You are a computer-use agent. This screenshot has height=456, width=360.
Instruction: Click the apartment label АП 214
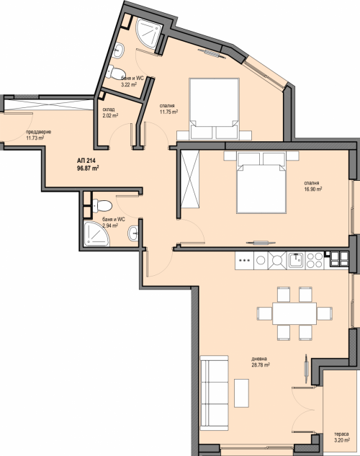[x=86, y=161]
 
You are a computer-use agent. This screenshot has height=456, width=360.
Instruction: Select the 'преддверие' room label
[x=39, y=132]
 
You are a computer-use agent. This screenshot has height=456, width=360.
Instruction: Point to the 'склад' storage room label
[x=109, y=109]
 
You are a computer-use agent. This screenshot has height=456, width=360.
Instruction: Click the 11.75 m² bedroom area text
[x=168, y=112]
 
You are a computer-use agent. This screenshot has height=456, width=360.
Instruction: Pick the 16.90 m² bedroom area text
[x=313, y=189]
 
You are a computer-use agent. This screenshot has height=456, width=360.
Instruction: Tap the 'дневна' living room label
[x=259, y=359]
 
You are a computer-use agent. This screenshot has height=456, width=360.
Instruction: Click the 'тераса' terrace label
[x=341, y=434]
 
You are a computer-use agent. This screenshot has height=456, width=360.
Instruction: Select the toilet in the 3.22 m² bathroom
[x=115, y=71]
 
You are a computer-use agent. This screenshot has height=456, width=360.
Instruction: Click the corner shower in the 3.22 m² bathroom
[x=150, y=32]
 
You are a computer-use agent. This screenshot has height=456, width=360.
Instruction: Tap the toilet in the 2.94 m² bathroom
[x=102, y=205]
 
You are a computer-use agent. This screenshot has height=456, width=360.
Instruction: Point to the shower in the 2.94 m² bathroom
[x=96, y=234]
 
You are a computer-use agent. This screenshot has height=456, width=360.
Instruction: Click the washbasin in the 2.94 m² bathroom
[x=132, y=233]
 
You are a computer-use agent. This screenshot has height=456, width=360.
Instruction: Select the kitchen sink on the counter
[x=296, y=260]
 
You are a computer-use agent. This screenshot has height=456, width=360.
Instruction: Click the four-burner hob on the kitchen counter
[x=315, y=260]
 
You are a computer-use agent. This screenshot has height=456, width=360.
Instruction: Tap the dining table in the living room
[x=294, y=313]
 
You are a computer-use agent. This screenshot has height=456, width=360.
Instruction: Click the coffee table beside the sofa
[x=241, y=393]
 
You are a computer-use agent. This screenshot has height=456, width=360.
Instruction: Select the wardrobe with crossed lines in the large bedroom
[x=190, y=179]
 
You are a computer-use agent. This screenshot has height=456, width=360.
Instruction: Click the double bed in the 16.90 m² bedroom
[x=261, y=182]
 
